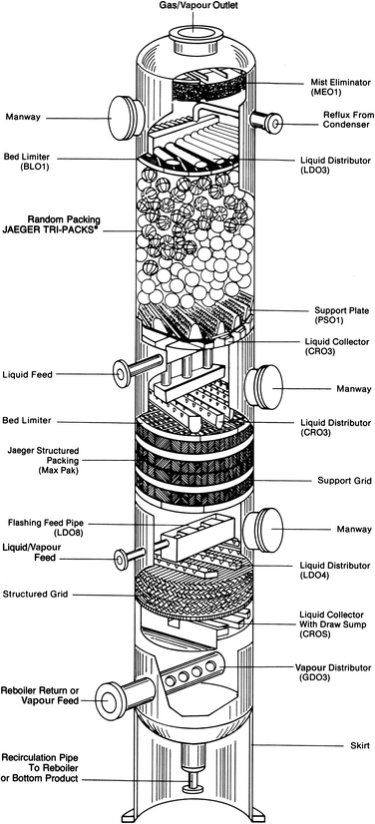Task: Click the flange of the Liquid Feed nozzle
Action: pos(120,374)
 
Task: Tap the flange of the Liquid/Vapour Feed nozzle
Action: pos(121,556)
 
